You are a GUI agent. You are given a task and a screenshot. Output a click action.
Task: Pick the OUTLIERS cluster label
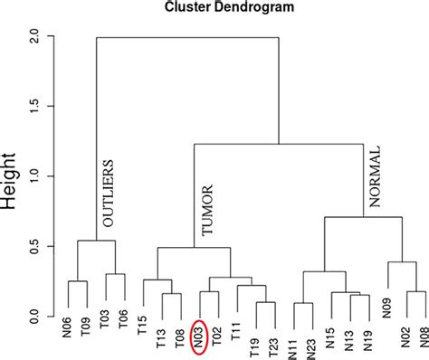pos(109,194)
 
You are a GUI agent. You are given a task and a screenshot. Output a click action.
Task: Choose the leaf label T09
pos(86,336)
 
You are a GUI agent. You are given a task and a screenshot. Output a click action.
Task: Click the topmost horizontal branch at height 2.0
pos(187,37)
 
